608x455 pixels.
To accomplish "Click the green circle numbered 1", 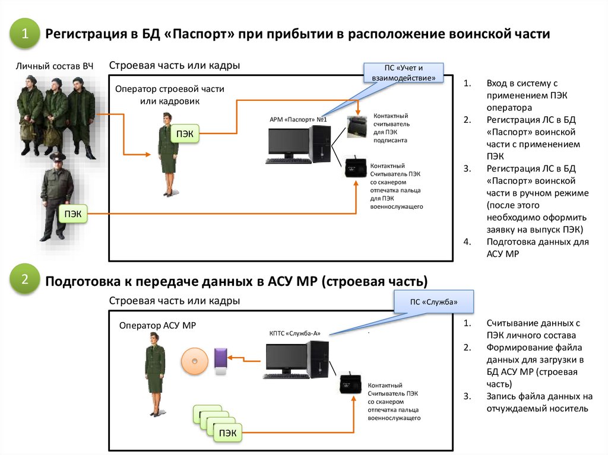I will click(25, 34).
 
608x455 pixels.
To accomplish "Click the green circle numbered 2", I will click(25, 280).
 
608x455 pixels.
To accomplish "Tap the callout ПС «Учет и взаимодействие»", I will click(404, 73).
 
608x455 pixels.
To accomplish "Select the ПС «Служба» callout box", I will click(433, 302).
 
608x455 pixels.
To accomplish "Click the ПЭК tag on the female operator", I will click(185, 133).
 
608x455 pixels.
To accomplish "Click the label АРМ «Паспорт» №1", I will click(298, 119).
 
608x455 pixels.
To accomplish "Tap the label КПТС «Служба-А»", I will click(295, 333).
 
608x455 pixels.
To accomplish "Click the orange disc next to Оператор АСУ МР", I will click(195, 361).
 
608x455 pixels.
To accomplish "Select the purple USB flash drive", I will click(219, 361).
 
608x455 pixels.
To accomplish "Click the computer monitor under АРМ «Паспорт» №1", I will click(289, 145).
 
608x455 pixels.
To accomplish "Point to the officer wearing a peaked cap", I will click(57, 196).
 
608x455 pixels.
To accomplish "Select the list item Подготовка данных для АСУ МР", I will click(537, 248).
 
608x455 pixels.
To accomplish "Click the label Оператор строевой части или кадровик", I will click(170, 95).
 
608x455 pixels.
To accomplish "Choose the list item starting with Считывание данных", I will click(532, 329).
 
